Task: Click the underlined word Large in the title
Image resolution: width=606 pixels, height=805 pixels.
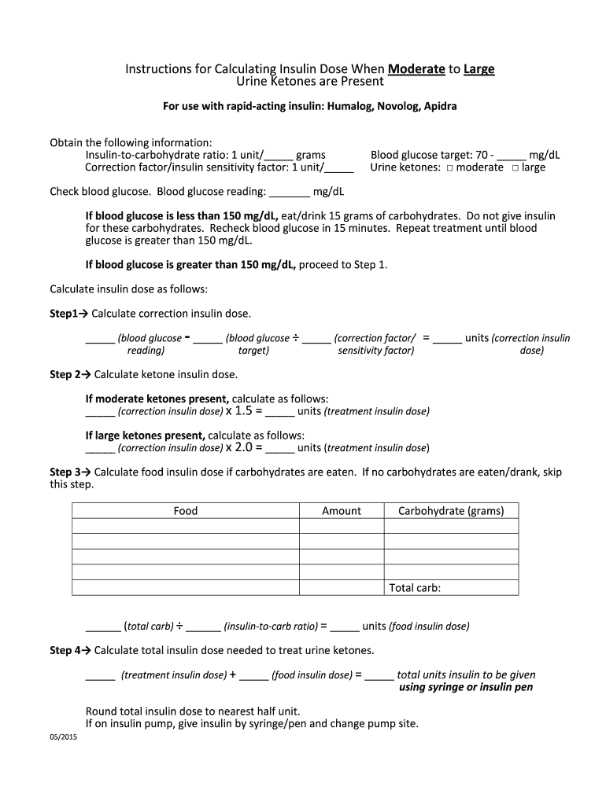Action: pos(479,70)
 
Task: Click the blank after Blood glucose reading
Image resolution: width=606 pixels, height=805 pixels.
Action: pos(290,192)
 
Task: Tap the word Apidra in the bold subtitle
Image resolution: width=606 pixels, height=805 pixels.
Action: pos(440,105)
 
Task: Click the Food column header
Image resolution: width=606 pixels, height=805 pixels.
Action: pos(186,511)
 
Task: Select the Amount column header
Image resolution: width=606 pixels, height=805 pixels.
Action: pos(342,511)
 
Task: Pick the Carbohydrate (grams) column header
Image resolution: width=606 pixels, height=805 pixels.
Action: pos(451,511)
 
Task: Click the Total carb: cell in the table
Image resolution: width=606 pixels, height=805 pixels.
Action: pos(416,588)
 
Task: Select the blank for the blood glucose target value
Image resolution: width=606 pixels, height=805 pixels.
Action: pos(512,156)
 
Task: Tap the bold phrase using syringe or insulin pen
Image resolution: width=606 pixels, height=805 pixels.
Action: pos(466,687)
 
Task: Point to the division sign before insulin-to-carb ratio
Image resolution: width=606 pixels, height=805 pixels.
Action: pos(180,627)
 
